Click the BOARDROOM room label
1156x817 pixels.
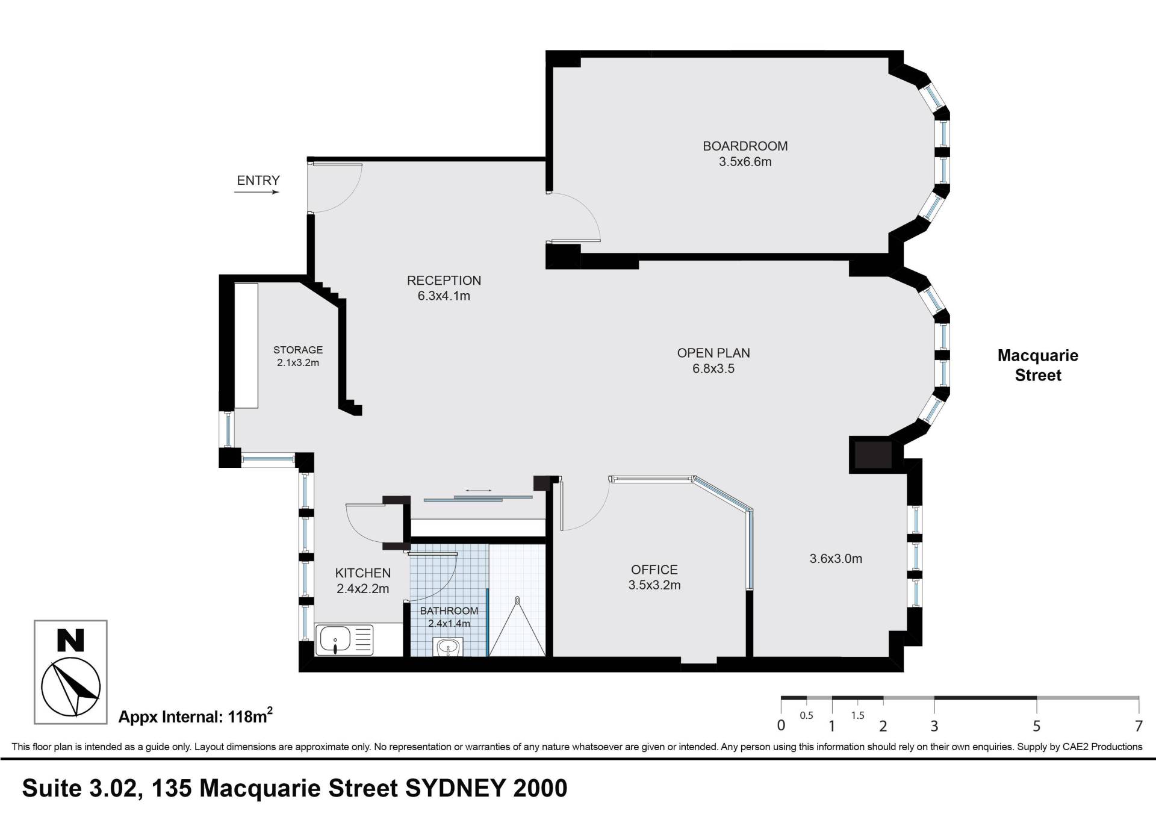(x=745, y=146)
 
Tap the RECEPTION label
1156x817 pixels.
(x=444, y=281)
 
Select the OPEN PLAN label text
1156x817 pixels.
(x=713, y=353)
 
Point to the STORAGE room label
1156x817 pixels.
(x=298, y=350)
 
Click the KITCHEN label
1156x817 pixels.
(x=363, y=573)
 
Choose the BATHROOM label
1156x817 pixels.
(x=449, y=610)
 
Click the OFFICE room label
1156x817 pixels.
(x=654, y=570)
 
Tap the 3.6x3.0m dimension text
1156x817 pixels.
(x=836, y=559)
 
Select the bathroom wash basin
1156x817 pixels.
(x=447, y=648)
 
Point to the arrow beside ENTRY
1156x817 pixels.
(x=257, y=193)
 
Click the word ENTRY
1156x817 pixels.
(x=258, y=181)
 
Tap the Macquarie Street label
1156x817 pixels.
(x=1038, y=365)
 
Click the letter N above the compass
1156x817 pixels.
(x=70, y=641)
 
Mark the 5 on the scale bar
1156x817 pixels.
(x=1037, y=726)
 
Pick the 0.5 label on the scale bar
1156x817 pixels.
(x=806, y=716)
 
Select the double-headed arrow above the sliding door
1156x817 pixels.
(x=478, y=491)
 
